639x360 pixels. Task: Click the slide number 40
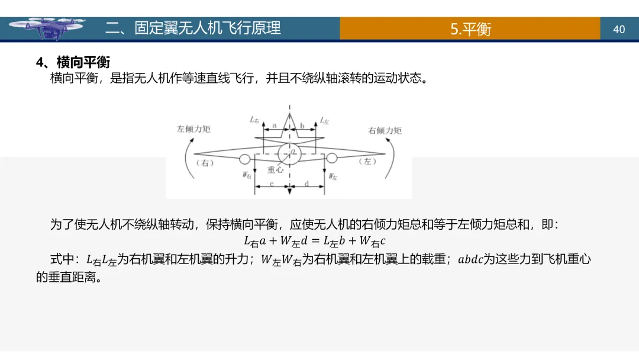click(x=619, y=29)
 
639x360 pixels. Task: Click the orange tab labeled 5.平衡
click(x=470, y=29)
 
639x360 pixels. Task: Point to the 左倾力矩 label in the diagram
click(x=193, y=128)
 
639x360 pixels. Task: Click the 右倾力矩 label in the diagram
click(x=385, y=130)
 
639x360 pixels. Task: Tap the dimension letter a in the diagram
click(x=275, y=126)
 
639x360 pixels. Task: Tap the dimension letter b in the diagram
click(x=302, y=126)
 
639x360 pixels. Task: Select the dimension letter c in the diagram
click(x=271, y=184)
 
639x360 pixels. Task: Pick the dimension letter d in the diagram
click(x=306, y=184)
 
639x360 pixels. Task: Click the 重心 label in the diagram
click(x=276, y=169)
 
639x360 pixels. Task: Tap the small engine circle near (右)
click(x=244, y=158)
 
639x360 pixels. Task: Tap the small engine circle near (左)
click(x=331, y=157)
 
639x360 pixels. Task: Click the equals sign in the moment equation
click(x=314, y=241)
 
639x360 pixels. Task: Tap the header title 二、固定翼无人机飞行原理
click(x=193, y=28)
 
